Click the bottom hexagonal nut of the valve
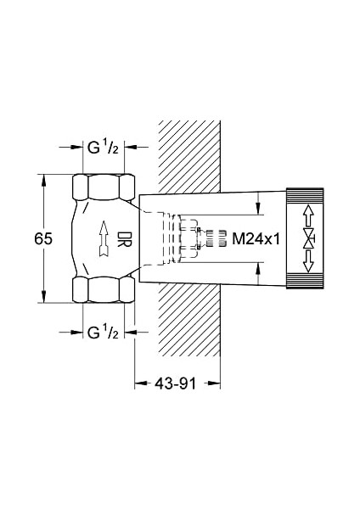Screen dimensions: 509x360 pos(104,290)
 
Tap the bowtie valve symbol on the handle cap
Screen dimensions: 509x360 pos(309,239)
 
